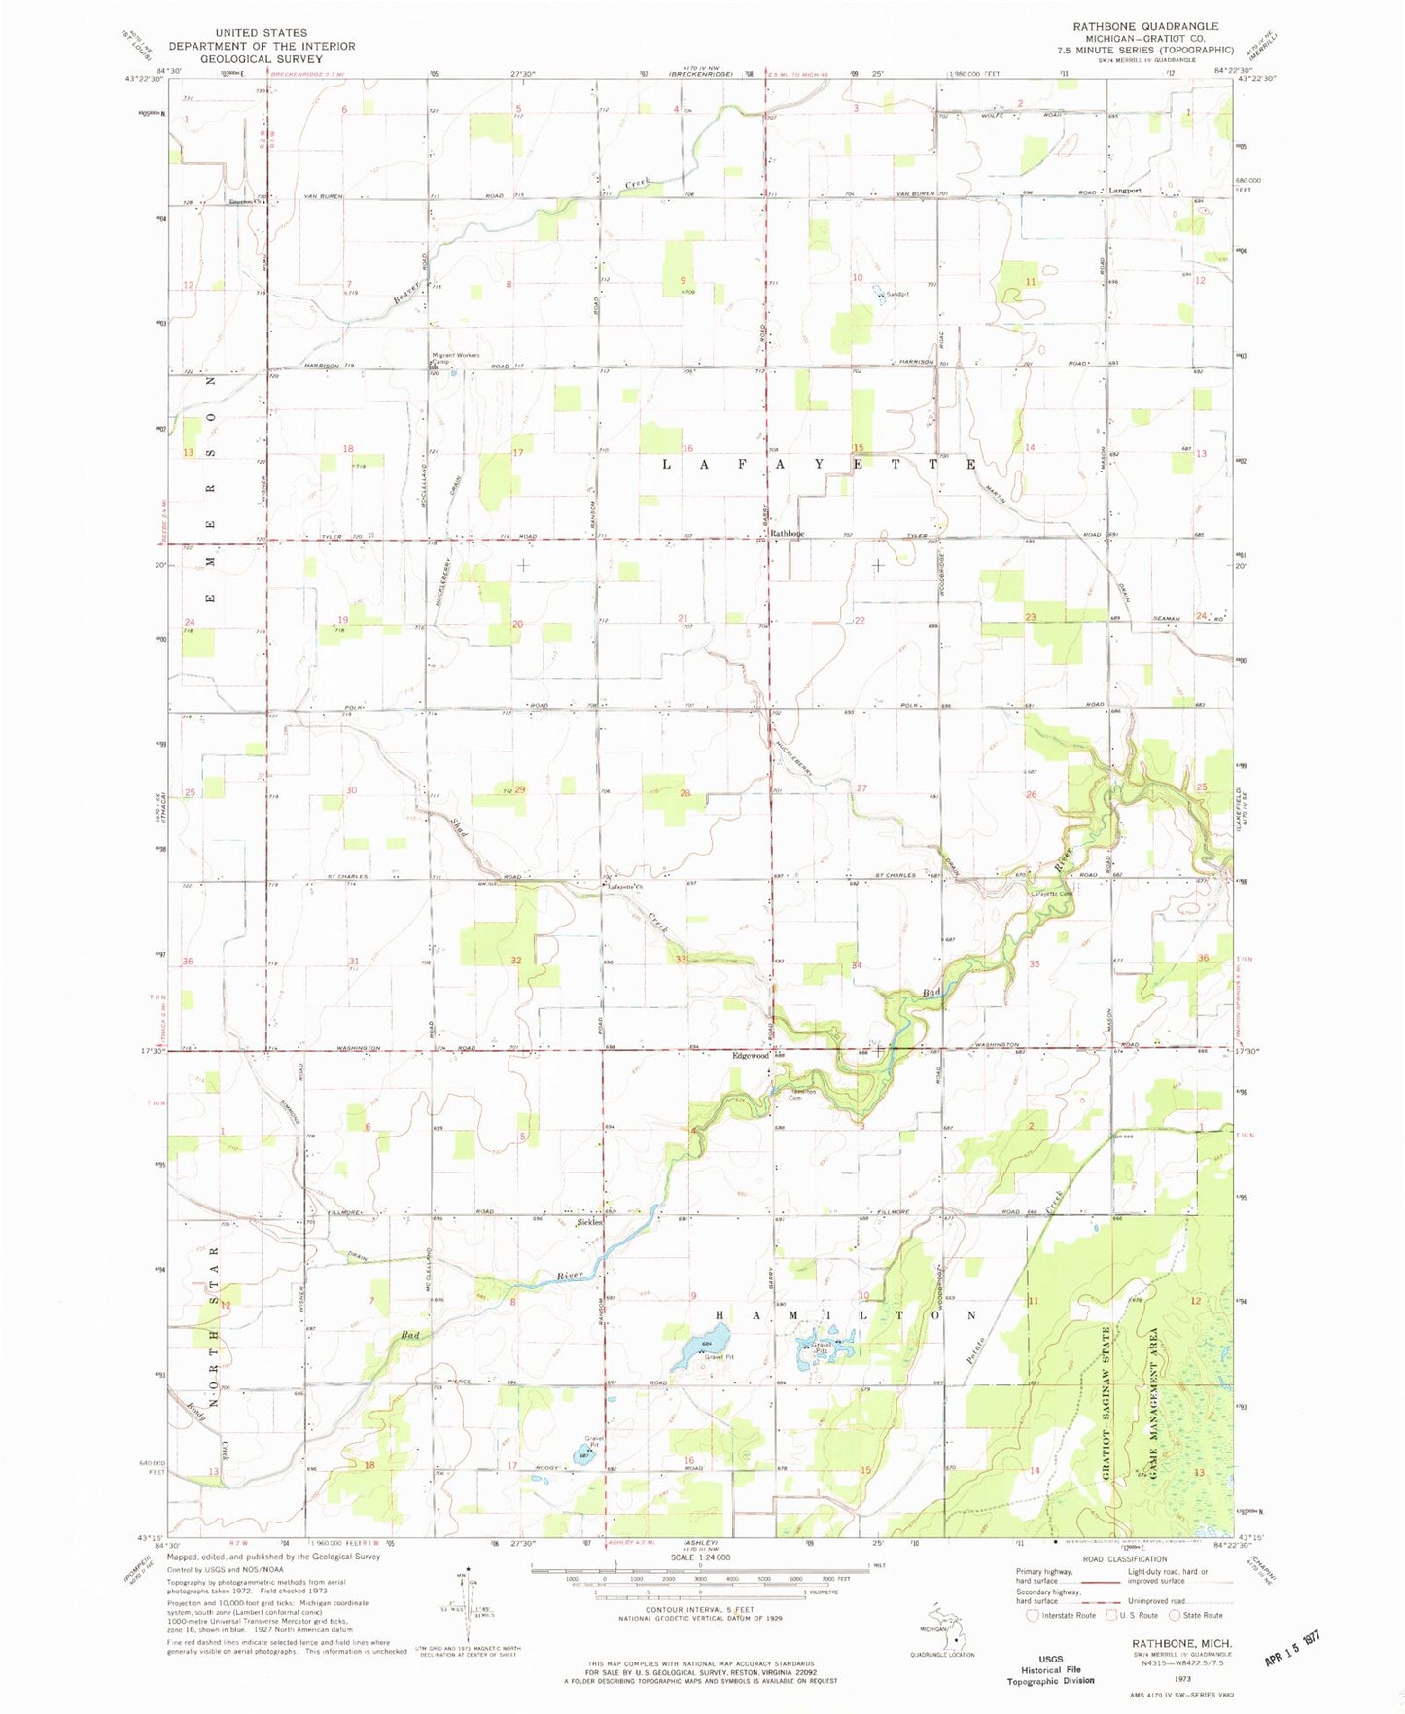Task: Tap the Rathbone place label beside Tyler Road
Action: pos(788,534)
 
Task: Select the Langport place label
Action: pos(1126,191)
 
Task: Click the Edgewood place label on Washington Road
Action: pos(751,1055)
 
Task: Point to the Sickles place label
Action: pos(589,1222)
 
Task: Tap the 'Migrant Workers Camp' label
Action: pos(455,357)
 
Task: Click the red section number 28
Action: pos(685,793)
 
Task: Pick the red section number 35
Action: pos(1035,963)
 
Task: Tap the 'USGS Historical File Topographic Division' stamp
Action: pos(1050,1668)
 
